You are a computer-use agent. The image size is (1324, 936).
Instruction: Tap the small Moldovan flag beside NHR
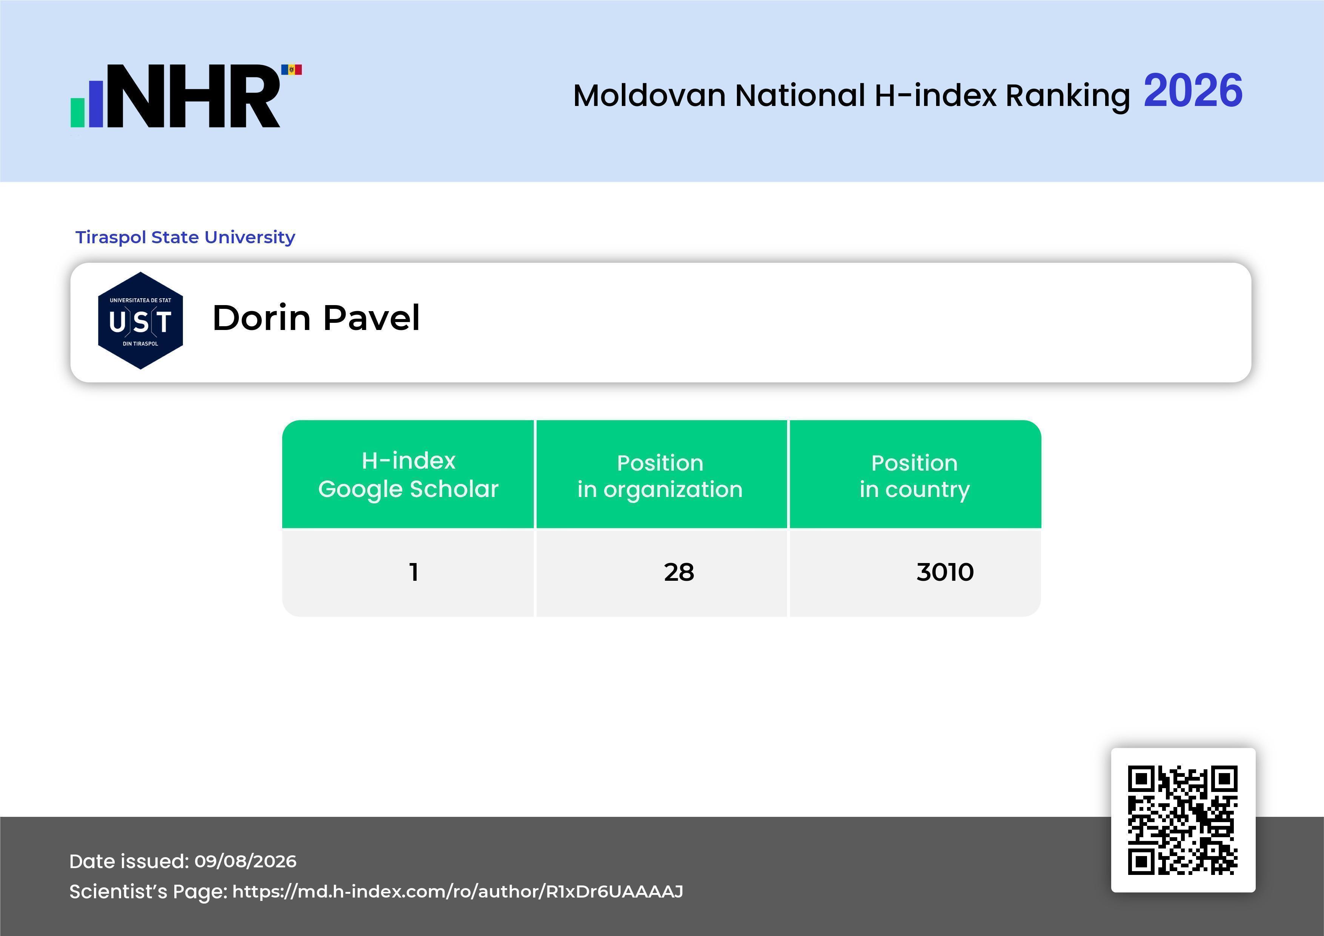click(291, 70)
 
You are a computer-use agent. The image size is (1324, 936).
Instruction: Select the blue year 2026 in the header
click(1193, 91)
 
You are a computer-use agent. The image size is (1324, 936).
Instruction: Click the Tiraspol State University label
click(185, 237)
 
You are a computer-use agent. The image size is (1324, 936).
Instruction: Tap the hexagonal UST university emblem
click(141, 321)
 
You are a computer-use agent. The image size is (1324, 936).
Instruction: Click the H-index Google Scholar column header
click(408, 474)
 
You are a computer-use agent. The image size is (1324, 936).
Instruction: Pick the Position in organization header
click(660, 476)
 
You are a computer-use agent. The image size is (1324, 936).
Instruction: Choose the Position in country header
click(915, 476)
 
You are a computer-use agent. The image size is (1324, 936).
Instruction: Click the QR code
click(1183, 820)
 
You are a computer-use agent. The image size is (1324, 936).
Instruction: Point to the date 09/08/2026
click(246, 861)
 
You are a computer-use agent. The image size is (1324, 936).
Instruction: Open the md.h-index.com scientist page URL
click(458, 892)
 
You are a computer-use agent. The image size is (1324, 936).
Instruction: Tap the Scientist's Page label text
click(148, 892)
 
